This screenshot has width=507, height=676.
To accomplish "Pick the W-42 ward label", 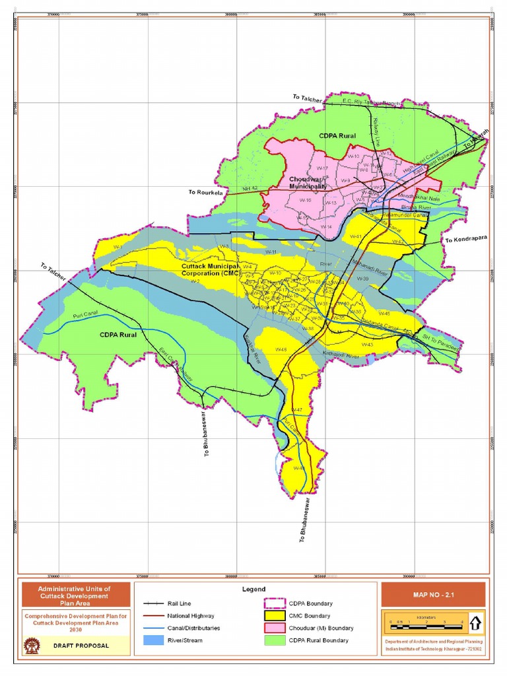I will (x=398, y=242).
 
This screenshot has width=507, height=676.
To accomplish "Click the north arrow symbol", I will (x=476, y=621).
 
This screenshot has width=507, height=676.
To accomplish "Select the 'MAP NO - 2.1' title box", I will (x=433, y=594).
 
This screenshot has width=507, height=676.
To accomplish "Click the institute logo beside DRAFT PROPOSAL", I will (x=30, y=645).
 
